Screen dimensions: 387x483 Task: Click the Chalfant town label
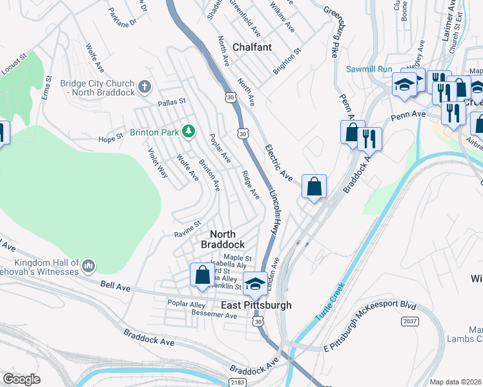point(252,47)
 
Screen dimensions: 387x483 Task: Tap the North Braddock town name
point(223,239)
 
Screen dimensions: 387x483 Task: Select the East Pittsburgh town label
point(256,305)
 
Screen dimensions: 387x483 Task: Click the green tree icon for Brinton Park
point(188,132)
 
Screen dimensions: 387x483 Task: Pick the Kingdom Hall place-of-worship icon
point(89,265)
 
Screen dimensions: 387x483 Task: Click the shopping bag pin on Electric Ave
point(314,187)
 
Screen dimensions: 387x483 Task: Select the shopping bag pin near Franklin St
point(202,275)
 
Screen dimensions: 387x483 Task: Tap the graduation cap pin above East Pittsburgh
point(255,283)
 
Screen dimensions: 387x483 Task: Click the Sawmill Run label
point(369,68)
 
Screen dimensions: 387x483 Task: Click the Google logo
point(21,379)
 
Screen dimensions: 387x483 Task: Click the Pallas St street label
point(172,102)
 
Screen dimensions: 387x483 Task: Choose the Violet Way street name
point(158,164)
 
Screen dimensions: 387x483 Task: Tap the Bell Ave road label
point(111,284)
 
